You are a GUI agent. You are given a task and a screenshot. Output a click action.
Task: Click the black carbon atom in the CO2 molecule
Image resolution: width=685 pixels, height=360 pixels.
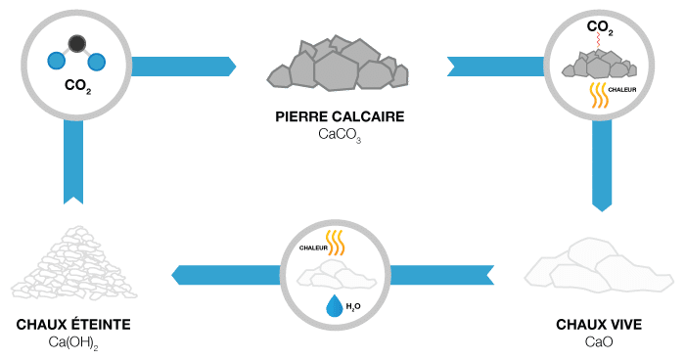(77, 44)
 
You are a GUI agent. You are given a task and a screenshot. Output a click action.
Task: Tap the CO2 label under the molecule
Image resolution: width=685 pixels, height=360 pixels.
(77, 85)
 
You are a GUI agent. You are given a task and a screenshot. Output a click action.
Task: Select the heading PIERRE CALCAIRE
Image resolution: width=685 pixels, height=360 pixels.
(340, 116)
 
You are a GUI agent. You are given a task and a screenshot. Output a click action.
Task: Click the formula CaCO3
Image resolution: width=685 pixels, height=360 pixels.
(340, 134)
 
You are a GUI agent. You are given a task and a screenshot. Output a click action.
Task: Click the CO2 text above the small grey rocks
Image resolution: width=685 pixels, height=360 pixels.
(600, 27)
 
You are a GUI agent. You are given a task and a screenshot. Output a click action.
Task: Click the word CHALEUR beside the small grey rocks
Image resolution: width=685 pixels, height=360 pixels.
(622, 90)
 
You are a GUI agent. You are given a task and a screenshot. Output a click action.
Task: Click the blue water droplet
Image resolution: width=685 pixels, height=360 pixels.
(335, 305)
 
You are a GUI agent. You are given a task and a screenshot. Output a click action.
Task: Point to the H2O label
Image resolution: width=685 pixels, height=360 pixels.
(353, 307)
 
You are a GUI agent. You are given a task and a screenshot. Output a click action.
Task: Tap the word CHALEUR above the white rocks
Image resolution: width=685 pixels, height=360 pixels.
(313, 248)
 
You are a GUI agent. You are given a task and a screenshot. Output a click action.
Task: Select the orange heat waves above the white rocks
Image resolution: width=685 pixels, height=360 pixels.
(336, 243)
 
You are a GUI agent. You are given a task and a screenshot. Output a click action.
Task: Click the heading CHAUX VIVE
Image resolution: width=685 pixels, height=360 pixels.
(599, 325)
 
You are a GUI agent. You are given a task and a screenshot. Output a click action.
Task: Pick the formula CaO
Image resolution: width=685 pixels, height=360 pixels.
(599, 341)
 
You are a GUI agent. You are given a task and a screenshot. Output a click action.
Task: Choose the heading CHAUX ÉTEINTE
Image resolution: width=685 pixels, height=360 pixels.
(73, 324)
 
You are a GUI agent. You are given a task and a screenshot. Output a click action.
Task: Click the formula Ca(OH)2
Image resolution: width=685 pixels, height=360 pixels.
(73, 343)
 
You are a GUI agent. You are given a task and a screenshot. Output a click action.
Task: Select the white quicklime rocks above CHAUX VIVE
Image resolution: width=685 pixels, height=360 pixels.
(599, 266)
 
